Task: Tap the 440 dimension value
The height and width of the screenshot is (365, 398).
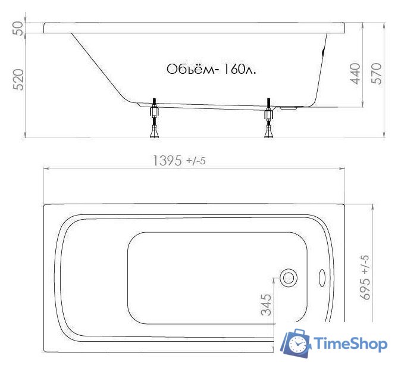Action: (355, 73)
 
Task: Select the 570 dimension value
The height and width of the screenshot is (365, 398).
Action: (377, 73)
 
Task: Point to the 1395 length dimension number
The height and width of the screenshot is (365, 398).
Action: (167, 161)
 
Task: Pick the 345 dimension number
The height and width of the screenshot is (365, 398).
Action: (267, 304)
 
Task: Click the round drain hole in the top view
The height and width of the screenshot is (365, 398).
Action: (290, 277)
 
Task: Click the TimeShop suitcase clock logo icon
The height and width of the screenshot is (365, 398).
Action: (296, 343)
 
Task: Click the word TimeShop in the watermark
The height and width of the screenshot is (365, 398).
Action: (349, 344)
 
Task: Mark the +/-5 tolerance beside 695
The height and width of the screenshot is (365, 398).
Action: (366, 262)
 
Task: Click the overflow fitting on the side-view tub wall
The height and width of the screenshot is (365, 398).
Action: (323, 53)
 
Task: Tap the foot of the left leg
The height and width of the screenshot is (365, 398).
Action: (155, 134)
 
